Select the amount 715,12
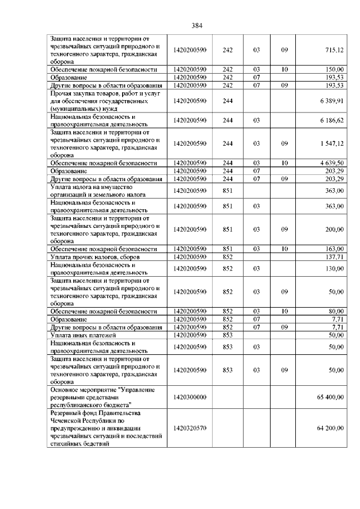click(x=334, y=50)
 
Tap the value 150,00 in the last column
click(x=334, y=69)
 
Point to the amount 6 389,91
click(x=331, y=100)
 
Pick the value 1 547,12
click(x=331, y=143)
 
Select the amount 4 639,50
click(x=331, y=163)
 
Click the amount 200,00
click(x=334, y=229)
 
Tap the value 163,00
click(x=334, y=249)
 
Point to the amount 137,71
click(x=334, y=256)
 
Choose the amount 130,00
click(x=334, y=268)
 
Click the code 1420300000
click(x=190, y=397)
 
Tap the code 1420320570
click(x=190, y=428)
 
